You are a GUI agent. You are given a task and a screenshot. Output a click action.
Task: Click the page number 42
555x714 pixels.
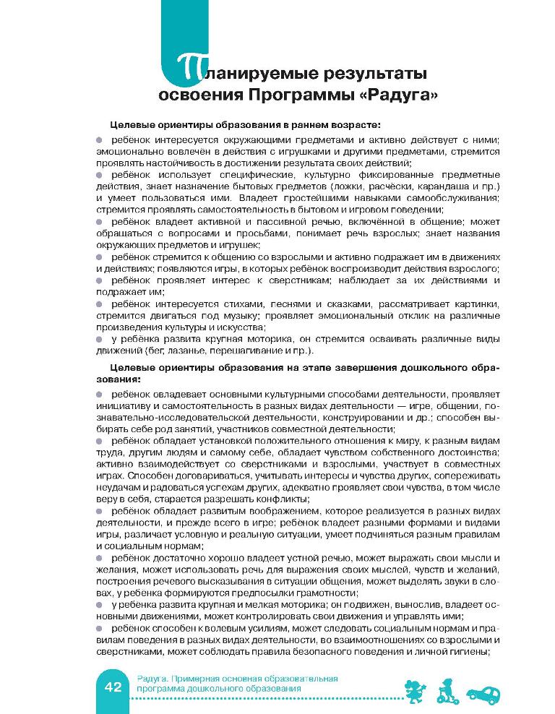tap(112, 687)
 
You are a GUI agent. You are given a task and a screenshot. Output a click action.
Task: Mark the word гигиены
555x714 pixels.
tap(473, 650)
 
